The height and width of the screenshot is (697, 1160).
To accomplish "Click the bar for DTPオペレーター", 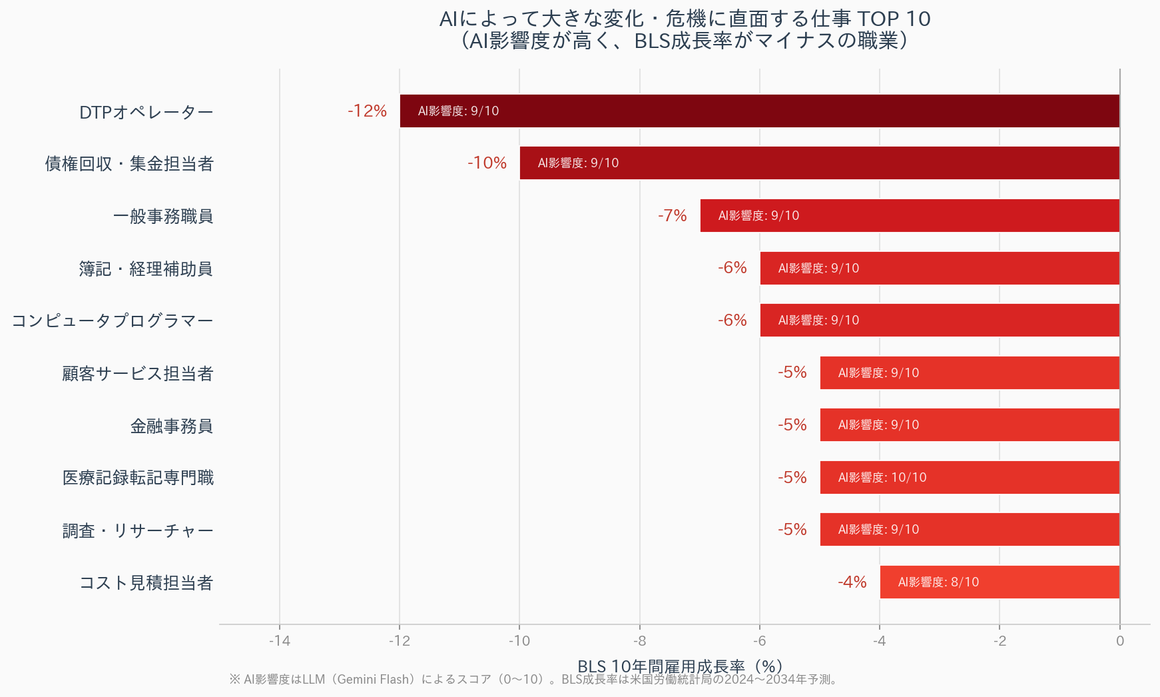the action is pyautogui.click(x=759, y=111).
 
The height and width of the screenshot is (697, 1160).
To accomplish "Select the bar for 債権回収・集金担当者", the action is pyautogui.click(x=819, y=163).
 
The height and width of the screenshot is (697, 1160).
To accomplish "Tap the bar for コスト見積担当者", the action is pyautogui.click(x=1000, y=582).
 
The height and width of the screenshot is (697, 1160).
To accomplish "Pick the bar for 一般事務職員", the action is pyautogui.click(x=910, y=215).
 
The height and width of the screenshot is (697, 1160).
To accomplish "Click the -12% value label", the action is pyautogui.click(x=367, y=111).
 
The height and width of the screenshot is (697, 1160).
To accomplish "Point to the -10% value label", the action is pyautogui.click(x=487, y=163).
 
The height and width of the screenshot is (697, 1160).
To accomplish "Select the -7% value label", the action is pyautogui.click(x=672, y=215).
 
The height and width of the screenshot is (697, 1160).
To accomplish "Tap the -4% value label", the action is pyautogui.click(x=852, y=582).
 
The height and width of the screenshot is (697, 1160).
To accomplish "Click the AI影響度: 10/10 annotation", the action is pyautogui.click(x=882, y=477).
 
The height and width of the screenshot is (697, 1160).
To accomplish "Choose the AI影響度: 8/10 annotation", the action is pyautogui.click(x=938, y=582).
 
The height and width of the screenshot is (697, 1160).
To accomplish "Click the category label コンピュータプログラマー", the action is pyautogui.click(x=113, y=321).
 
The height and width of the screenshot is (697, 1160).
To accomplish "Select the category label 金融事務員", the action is pyautogui.click(x=172, y=426).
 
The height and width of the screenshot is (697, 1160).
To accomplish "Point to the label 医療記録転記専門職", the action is pyautogui.click(x=138, y=478).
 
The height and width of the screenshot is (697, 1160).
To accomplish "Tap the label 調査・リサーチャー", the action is pyautogui.click(x=138, y=530).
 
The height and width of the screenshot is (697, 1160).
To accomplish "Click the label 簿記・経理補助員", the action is pyautogui.click(x=146, y=269).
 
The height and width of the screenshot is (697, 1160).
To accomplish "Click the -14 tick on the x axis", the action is pyautogui.click(x=280, y=641).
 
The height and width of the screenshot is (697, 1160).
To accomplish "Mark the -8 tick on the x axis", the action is pyautogui.click(x=640, y=641).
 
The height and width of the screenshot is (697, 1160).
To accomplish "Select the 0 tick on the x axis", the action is pyautogui.click(x=1120, y=641).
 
